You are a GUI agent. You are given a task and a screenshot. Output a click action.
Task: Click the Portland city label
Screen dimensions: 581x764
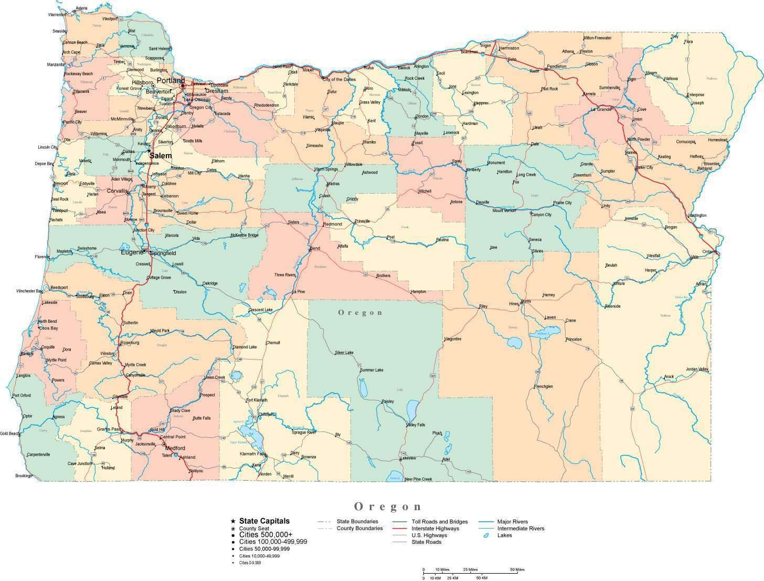click(x=171, y=81)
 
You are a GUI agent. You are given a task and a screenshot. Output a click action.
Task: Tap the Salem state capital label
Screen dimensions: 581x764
click(x=160, y=156)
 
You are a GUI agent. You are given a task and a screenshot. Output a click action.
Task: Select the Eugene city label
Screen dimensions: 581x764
click(x=131, y=252)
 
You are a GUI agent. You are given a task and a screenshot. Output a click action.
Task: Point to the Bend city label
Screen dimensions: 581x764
click(x=315, y=248)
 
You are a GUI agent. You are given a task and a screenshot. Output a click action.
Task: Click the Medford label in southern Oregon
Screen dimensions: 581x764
click(x=175, y=448)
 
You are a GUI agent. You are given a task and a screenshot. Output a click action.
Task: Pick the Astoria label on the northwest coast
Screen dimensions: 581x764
click(x=81, y=8)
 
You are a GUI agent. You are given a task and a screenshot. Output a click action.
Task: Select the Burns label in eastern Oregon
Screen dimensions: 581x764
click(x=526, y=302)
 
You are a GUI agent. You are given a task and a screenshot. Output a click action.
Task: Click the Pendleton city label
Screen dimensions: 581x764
click(x=557, y=67)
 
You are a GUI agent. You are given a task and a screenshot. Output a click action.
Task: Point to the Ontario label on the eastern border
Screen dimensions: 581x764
click(x=709, y=252)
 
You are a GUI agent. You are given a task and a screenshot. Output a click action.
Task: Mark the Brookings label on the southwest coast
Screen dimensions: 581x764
click(x=24, y=476)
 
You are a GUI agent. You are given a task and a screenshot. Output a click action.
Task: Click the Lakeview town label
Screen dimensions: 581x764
click(x=408, y=458)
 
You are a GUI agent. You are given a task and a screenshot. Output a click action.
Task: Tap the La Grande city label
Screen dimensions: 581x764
click(x=601, y=109)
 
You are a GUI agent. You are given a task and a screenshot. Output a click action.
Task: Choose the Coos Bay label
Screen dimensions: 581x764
click(x=48, y=328)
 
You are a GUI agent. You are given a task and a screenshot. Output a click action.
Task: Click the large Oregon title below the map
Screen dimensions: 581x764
click(x=388, y=506)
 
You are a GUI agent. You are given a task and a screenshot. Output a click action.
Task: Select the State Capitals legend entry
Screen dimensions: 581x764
click(x=264, y=521)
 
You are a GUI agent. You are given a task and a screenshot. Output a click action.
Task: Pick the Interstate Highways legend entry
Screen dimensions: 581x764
click(x=435, y=529)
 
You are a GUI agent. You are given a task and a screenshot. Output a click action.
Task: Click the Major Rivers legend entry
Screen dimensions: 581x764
click(x=512, y=522)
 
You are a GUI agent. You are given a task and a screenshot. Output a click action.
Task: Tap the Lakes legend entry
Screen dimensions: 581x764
click(x=504, y=535)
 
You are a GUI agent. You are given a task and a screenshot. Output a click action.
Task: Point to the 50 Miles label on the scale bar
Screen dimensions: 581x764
click(x=517, y=569)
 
